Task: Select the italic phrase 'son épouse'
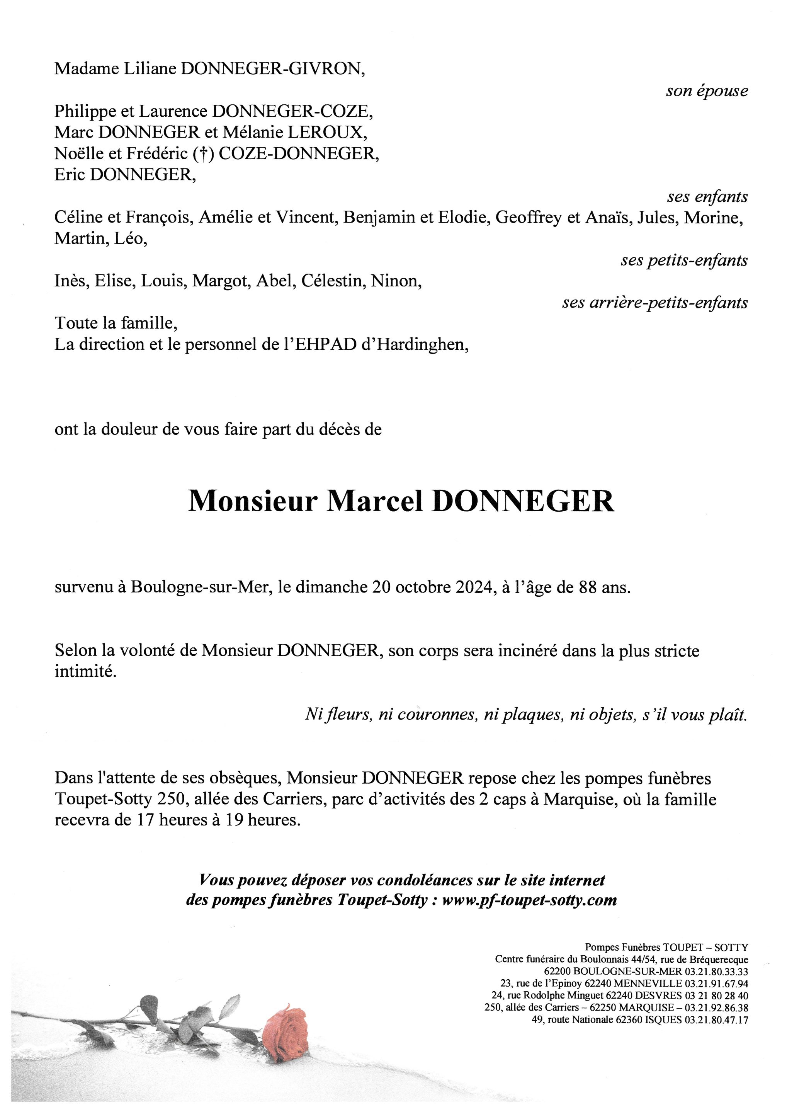coord(707,91)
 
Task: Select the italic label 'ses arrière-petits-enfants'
coord(655,303)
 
